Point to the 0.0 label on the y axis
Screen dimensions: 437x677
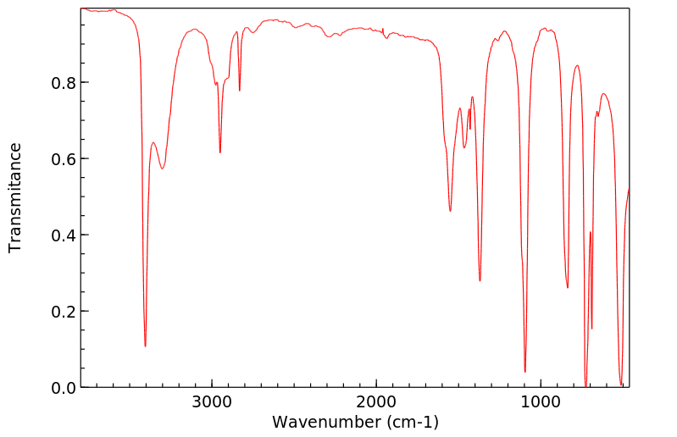coord(64,388)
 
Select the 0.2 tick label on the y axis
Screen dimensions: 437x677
coord(64,312)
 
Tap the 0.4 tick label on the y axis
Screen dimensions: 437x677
coord(64,235)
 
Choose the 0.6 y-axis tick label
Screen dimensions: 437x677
coord(64,159)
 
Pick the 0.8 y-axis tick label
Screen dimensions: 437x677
coord(64,83)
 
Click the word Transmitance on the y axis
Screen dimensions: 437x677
coord(15,197)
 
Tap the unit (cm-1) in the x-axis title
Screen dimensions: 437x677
coord(412,421)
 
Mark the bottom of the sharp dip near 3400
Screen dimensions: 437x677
coord(145,346)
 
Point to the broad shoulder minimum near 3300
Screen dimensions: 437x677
coord(163,168)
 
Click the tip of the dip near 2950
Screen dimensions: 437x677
coord(219,152)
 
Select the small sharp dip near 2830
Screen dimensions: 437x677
coord(240,91)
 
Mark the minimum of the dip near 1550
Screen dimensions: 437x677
coord(450,211)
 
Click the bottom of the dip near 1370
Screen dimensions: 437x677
coord(480,280)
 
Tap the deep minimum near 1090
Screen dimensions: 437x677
coord(525,371)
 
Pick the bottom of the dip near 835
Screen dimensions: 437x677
coord(568,288)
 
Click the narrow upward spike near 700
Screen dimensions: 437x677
coord(590,232)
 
